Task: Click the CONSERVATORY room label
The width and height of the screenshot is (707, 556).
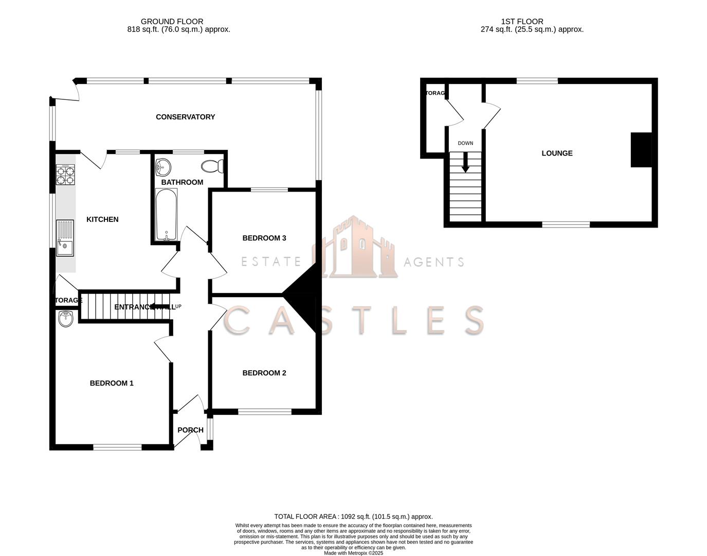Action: coord(185,117)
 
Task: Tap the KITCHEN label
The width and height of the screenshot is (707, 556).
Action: coord(102,219)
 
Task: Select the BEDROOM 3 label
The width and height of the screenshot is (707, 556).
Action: coord(264,238)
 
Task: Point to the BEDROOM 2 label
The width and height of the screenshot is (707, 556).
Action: coord(264,373)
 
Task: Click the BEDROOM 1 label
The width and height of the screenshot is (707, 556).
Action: coord(112,383)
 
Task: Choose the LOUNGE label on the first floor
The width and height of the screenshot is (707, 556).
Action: coord(557,153)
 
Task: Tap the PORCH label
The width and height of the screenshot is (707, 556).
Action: coord(190,430)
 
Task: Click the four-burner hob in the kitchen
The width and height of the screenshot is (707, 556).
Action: coord(65,175)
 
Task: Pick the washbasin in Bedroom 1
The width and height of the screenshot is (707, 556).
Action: coord(66,319)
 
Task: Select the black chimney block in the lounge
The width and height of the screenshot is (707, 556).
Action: coord(641,150)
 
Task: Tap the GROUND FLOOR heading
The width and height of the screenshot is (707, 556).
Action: coord(172,22)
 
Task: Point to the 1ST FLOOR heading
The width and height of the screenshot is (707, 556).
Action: coord(522,22)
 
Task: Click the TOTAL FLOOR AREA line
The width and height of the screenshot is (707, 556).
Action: coord(353,516)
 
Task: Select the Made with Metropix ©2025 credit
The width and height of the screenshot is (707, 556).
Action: coord(353,553)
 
